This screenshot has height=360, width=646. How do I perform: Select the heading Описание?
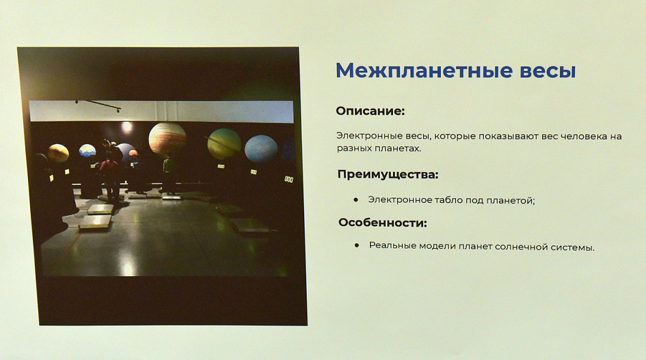point(371,111)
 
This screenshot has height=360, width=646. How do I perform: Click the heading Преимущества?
point(388,175)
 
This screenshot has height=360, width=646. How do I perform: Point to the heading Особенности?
point(383,223)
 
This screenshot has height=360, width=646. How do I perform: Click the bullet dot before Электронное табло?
point(356,199)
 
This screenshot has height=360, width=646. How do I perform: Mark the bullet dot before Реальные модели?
point(357,245)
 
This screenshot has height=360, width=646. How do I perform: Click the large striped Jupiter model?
point(167,140)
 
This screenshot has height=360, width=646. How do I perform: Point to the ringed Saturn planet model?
point(224,143)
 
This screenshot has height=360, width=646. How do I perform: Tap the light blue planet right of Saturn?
point(261,149)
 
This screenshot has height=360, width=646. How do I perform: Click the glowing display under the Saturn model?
point(221,167)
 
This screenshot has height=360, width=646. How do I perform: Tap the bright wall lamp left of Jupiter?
point(126,126)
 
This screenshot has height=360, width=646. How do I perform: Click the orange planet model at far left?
point(58,153)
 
